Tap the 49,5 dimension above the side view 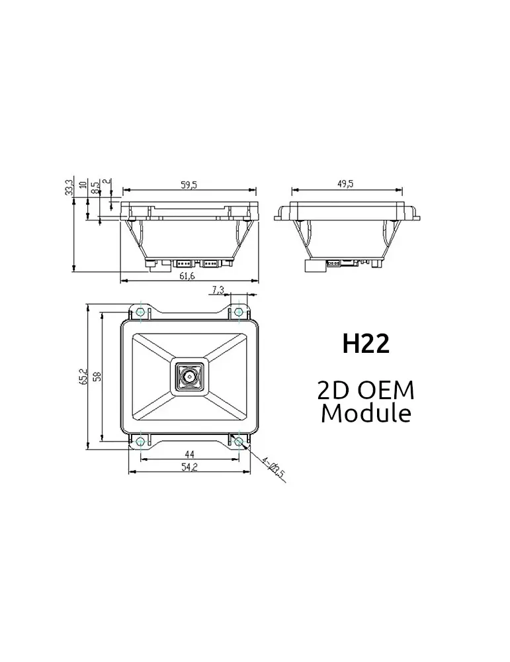coord(345,183)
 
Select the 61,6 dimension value coord(187,276)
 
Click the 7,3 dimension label coord(218,290)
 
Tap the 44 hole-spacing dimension coord(189,454)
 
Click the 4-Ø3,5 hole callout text coord(272,467)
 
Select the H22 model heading coord(366,344)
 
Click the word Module coord(366,413)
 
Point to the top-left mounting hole coord(140,312)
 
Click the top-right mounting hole coord(238,312)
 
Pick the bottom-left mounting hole coord(140,441)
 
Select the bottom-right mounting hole coord(238,441)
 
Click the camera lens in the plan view coord(189,377)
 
